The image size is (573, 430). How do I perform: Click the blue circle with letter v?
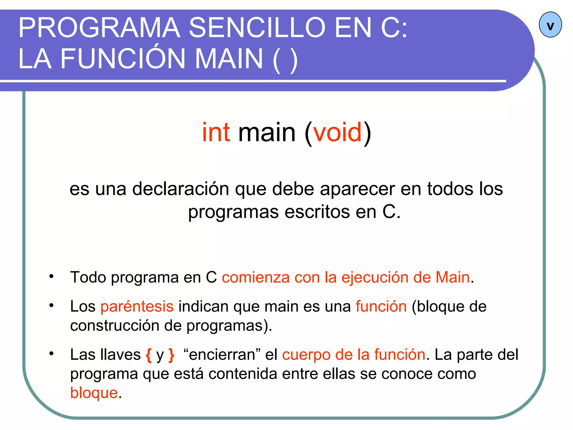tap(550, 25)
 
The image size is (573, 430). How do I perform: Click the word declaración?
tap(180, 189)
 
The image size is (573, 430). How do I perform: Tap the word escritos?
tap(317, 212)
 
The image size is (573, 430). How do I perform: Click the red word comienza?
tap(256, 277)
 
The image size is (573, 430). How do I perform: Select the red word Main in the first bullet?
tap(452, 277)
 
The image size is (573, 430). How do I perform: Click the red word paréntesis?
tap(137, 306)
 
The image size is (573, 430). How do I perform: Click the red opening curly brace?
tap(149, 355)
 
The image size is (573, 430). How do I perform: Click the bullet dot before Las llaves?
tap(51, 354)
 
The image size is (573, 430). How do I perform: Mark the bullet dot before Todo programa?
tap(51, 277)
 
